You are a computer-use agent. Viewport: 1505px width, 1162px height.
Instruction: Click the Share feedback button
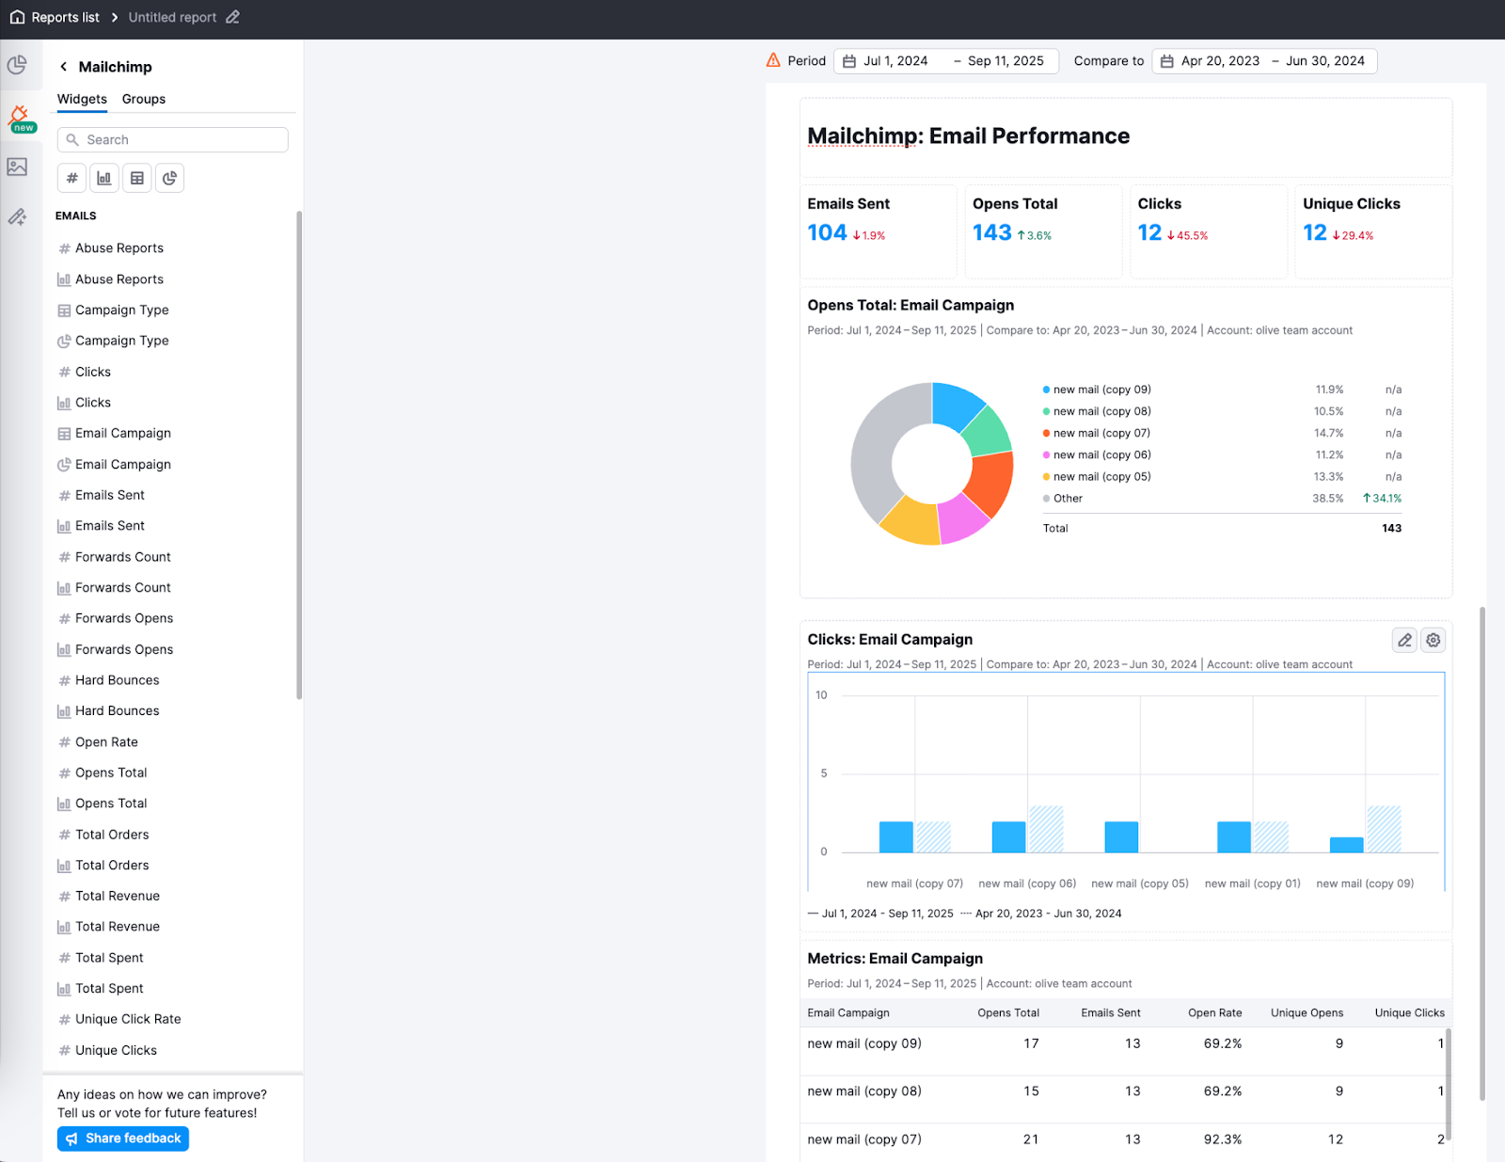(123, 1138)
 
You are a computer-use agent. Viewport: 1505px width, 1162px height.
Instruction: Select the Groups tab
(143, 99)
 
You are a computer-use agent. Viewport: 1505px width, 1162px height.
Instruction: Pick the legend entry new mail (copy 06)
(1101, 455)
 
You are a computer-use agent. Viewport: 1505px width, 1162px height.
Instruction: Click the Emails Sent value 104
(827, 232)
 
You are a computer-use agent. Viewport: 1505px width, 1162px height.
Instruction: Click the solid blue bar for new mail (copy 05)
(1121, 836)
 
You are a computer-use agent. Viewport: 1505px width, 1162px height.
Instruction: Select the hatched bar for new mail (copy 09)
(1384, 829)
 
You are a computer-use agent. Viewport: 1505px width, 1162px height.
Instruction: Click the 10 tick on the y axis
(821, 695)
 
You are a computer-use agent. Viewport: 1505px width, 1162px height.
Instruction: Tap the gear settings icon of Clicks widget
(1433, 640)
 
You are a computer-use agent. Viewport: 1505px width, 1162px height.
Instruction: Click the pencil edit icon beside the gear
(1404, 640)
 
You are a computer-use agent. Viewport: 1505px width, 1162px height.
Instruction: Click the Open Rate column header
(1214, 1013)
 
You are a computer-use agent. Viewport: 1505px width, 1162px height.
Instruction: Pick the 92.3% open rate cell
(1222, 1139)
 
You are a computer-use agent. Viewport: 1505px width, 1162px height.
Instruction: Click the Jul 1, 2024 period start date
(895, 61)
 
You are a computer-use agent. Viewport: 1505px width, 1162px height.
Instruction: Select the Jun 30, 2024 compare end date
(1324, 61)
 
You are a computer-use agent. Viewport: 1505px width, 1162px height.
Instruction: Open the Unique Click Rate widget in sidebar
(128, 1019)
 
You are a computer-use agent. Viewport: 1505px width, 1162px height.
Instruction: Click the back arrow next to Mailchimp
(63, 67)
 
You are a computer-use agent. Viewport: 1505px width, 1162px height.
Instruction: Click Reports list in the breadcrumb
(65, 17)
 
